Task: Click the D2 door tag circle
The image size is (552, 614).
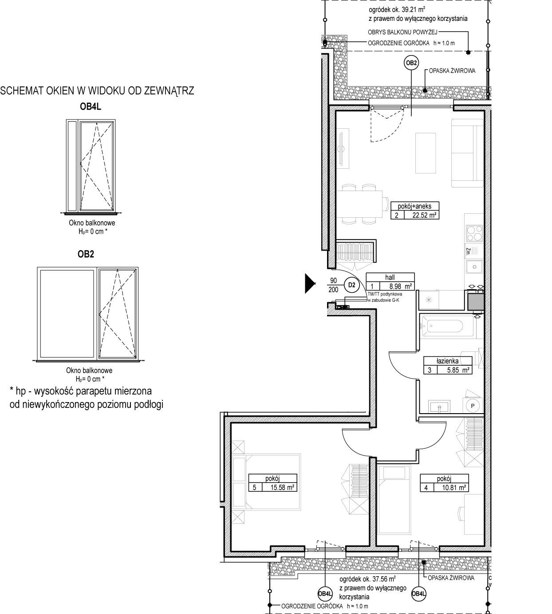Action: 352,285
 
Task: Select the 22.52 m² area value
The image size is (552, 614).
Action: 424,215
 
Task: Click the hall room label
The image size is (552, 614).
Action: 390,277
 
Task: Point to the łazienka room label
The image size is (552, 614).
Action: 447,361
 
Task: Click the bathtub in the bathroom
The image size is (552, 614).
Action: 446,326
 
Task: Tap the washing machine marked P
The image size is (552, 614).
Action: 473,406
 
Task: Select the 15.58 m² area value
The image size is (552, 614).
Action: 282,487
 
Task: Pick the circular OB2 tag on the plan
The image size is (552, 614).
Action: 411,63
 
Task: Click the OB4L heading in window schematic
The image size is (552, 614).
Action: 91,107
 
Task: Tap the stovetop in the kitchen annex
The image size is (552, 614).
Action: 474,233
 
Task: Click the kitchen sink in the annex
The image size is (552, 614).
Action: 474,267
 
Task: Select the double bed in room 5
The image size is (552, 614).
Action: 266,482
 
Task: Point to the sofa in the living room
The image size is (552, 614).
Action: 467,153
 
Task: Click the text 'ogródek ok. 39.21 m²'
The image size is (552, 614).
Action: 397,9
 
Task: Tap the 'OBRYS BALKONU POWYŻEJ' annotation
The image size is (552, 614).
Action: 402,32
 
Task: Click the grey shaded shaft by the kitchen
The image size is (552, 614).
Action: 475,302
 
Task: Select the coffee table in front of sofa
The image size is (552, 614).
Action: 426,153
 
